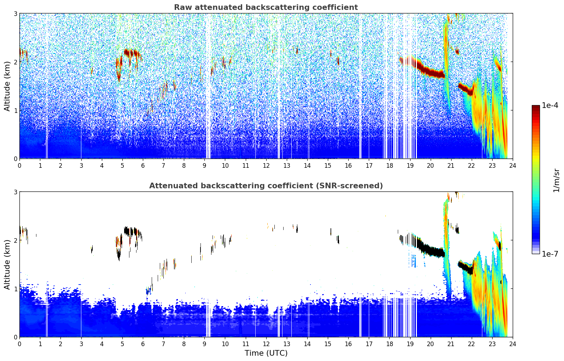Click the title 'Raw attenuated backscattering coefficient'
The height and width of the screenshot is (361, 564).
coord(266,7)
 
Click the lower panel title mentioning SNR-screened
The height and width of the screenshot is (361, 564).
coord(266,186)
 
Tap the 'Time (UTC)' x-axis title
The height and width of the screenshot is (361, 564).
coord(266,353)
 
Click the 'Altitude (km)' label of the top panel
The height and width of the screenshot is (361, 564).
coord(7,86)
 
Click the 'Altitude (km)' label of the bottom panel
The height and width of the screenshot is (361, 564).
coord(7,264)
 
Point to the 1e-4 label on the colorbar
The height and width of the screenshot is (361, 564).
coord(550,105)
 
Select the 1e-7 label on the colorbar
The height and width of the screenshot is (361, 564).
coord(550,254)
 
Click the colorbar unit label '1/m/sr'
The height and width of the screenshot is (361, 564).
coord(556,180)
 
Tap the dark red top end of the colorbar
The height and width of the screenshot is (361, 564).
coord(535,107)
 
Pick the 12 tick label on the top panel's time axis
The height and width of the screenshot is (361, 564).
coord(266,166)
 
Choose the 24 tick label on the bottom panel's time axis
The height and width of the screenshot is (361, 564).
coord(512,344)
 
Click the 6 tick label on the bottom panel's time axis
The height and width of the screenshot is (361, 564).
coord(143,344)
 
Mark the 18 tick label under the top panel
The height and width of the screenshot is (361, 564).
coord(389,166)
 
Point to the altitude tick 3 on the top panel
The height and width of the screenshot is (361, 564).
coord(16,13)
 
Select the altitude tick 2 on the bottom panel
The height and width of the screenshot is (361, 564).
coord(16,240)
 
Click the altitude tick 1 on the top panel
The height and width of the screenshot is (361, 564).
coord(16,110)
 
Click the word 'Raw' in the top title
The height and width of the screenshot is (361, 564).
coord(182,7)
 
